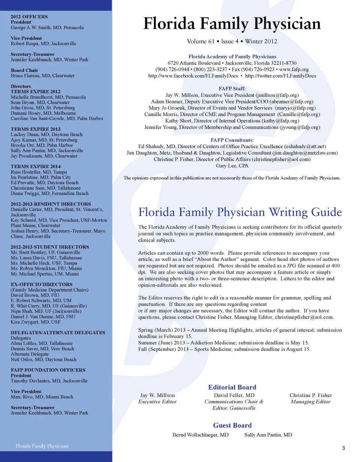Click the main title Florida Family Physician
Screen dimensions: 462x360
point(232,24)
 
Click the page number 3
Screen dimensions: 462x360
point(343,448)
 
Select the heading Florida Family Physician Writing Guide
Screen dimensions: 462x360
point(240,212)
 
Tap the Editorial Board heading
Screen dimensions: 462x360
point(232,387)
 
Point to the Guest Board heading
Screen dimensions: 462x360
point(232,425)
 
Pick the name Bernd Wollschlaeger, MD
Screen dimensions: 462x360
point(200,435)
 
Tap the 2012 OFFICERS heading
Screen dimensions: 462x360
point(29,17)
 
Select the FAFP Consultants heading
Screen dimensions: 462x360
point(232,140)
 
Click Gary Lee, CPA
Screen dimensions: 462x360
point(232,165)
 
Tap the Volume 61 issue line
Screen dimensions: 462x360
point(232,41)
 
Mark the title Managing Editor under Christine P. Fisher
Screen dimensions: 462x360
point(310,402)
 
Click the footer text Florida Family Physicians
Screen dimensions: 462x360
point(42,446)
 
